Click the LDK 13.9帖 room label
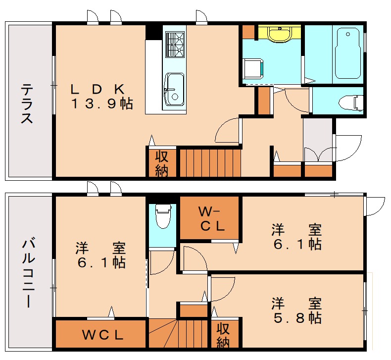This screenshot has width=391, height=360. [101, 97]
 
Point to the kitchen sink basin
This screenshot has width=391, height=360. [174, 89]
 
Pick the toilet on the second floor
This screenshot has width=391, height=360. [162, 216]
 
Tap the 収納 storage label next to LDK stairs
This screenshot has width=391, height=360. [162, 163]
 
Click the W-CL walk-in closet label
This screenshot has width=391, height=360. [211, 218]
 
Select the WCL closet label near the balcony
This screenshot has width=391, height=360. [102, 335]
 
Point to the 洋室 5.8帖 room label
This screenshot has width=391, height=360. [296, 309]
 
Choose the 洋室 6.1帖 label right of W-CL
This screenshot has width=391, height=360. [296, 237]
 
